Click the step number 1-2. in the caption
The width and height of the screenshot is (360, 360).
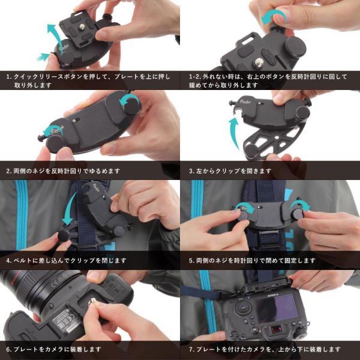tap(194, 77)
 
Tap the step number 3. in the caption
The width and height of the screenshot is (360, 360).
tap(191, 171)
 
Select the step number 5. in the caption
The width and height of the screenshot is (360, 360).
tap(191, 260)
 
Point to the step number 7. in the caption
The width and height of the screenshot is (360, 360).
tap(191, 349)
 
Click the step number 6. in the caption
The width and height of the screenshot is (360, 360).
tap(9, 349)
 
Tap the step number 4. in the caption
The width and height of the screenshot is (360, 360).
tap(9, 260)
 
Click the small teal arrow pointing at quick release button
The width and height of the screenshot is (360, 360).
tap(43, 57)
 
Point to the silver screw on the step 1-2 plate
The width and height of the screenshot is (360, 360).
tap(259, 62)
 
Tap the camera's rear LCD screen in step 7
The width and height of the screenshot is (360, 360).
tap(277, 308)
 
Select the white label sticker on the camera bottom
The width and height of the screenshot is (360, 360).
tap(67, 320)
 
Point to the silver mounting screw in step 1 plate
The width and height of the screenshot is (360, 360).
tap(82, 27)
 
